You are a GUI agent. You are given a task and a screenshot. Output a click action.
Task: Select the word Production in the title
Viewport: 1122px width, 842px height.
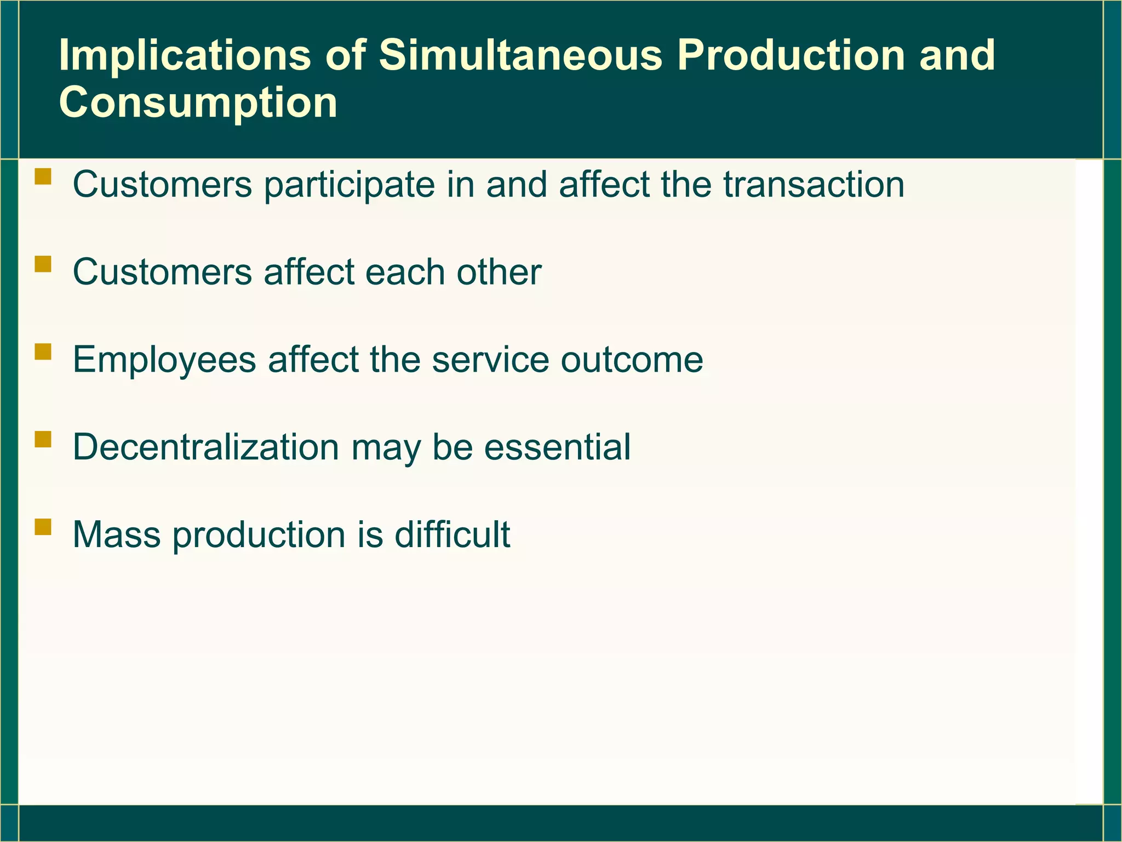791,55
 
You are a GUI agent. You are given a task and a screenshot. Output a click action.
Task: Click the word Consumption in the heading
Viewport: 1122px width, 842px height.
198,103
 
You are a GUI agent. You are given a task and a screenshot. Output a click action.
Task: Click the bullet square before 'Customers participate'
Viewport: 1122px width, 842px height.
43,177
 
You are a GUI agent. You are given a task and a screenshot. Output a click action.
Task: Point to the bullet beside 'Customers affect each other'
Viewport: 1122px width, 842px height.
43,264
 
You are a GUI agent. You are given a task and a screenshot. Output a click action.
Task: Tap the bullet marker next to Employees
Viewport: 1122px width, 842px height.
43,351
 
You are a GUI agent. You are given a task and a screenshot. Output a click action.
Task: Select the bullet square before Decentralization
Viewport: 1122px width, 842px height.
43,439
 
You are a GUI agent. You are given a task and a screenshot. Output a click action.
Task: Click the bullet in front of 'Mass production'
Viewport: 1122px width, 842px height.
43,527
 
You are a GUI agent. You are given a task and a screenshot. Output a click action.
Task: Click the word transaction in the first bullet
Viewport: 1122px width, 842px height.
814,184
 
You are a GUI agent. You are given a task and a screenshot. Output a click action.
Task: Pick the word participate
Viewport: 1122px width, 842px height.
349,185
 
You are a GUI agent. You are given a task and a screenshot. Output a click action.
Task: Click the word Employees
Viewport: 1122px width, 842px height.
164,361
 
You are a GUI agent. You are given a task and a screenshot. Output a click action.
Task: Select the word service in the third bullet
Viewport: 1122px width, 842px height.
490,360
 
